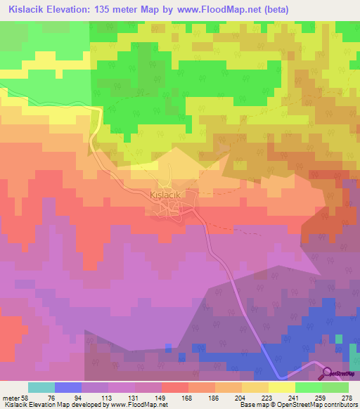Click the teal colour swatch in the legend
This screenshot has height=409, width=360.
coord(41,387)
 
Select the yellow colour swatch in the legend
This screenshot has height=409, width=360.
coord(282,387)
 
